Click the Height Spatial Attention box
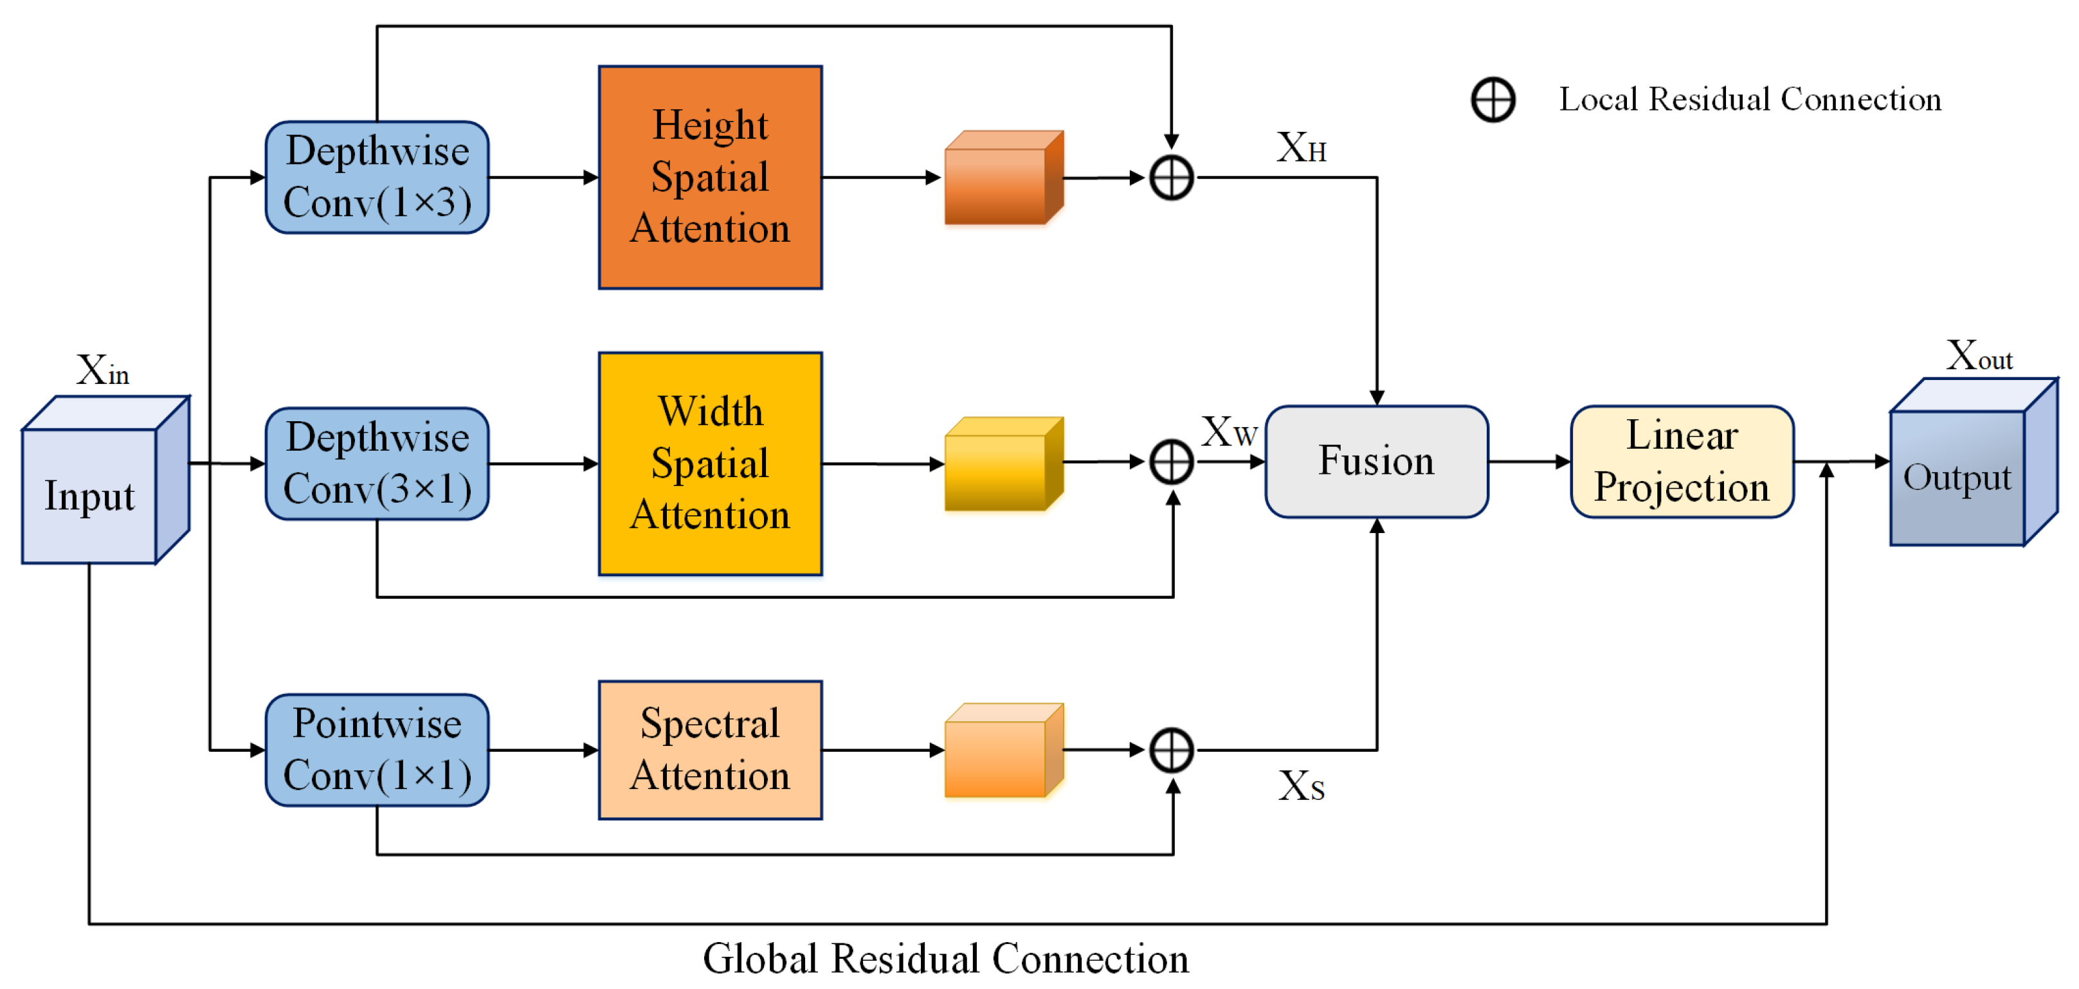[710, 177]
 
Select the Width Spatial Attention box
[710, 464]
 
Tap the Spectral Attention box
[710, 750]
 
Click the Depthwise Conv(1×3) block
[377, 177]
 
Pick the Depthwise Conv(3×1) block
[377, 464]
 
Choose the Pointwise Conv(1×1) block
[377, 750]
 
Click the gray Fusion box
[1377, 462]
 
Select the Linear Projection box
[1682, 462]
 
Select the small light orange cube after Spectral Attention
[1003, 751]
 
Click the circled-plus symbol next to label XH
[1171, 177]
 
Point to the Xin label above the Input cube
[102, 370]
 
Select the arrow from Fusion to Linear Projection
[1529, 462]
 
